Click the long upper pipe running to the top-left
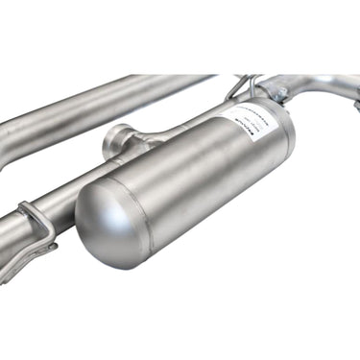click(x=96, y=100)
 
